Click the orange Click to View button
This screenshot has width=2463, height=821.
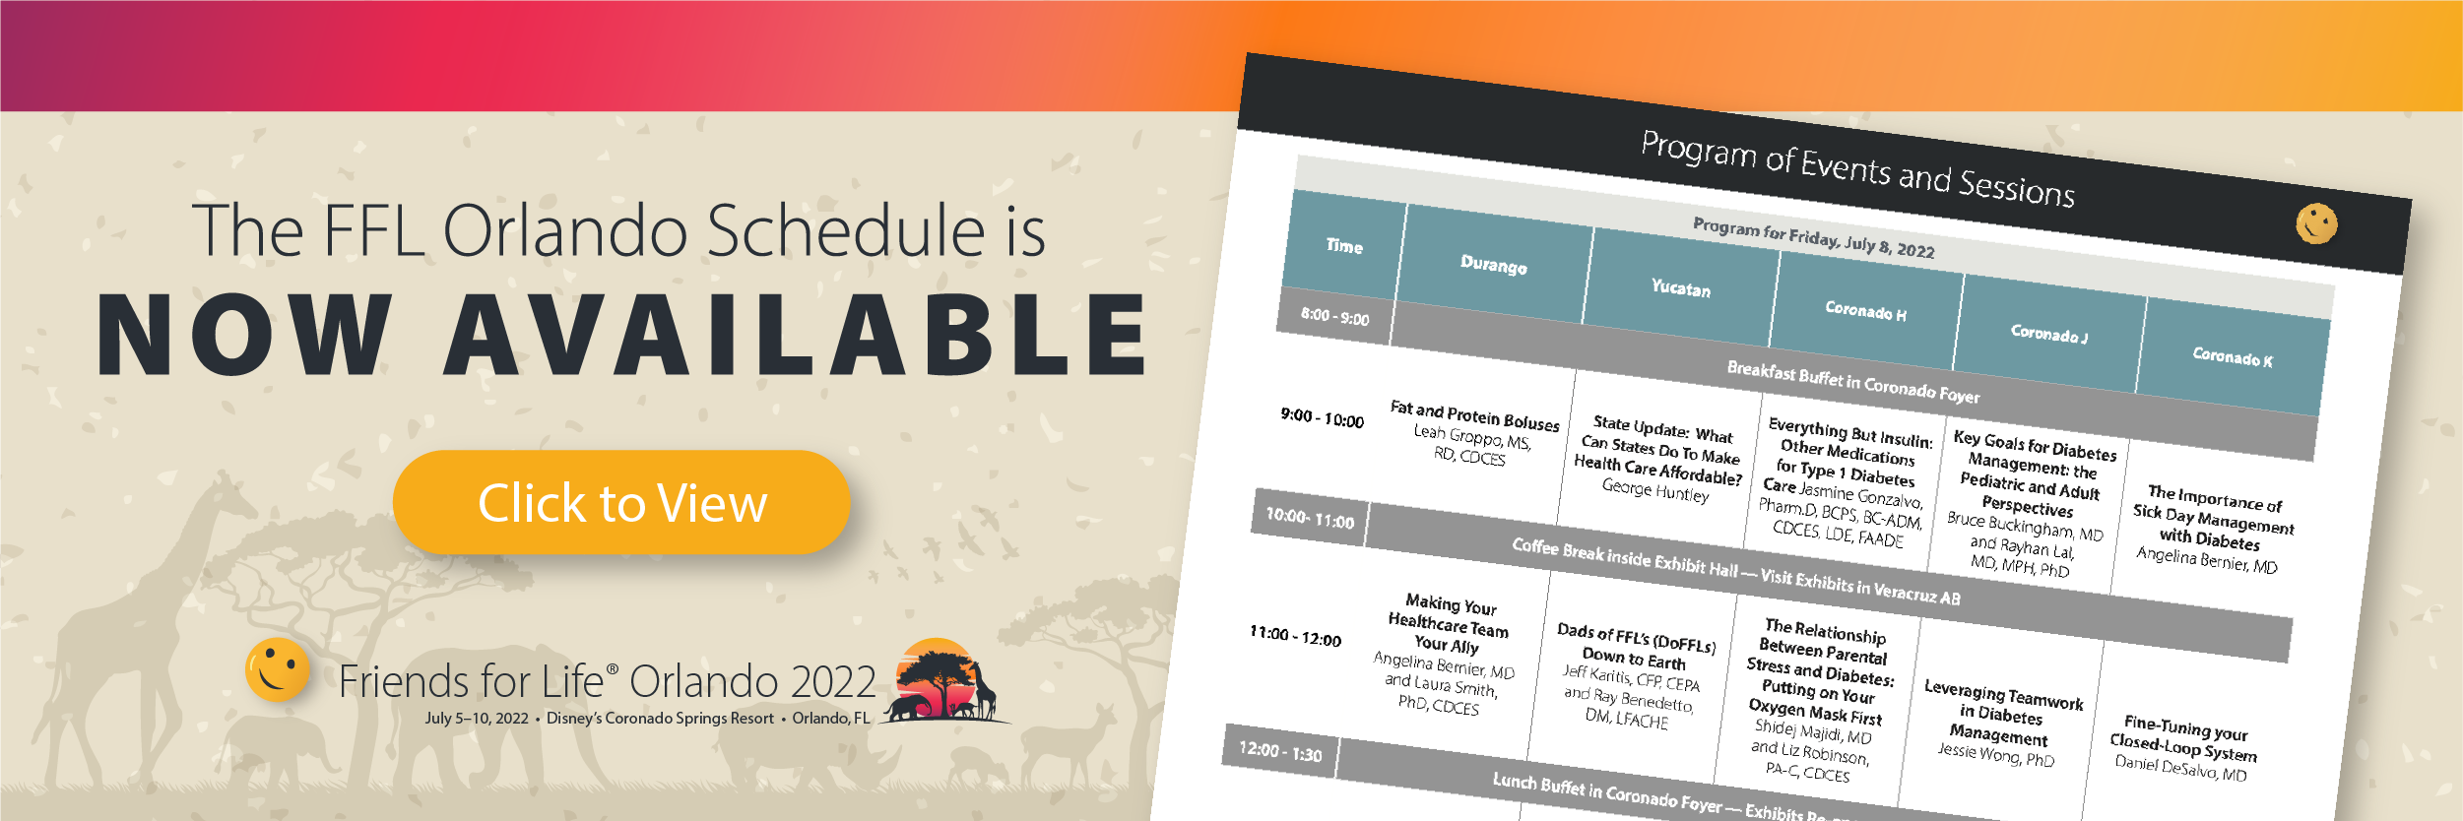pos(621,502)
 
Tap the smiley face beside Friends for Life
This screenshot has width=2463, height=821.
pos(278,669)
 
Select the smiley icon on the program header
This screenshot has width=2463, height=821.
pos(2316,223)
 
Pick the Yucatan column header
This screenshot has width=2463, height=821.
pos(1681,287)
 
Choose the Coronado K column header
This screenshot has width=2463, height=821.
pos(2233,356)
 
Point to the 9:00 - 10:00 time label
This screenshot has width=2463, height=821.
pos(1322,417)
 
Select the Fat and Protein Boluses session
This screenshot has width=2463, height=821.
pos(1473,432)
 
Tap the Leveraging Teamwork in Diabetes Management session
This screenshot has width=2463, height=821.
pos(2001,723)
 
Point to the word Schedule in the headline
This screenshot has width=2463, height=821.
pos(847,230)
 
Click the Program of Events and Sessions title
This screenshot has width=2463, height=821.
pos(1857,168)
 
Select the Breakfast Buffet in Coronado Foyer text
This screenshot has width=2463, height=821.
pos(1852,382)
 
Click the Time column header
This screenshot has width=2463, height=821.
pos(1344,245)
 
